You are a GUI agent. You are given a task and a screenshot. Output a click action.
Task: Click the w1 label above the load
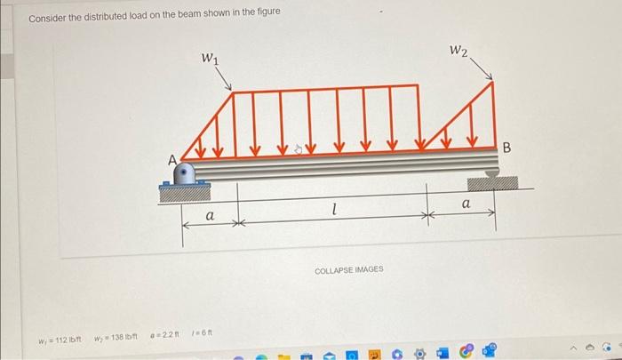pyautogui.click(x=211, y=59)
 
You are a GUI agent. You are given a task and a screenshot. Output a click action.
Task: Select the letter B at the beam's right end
pyautogui.click(x=508, y=148)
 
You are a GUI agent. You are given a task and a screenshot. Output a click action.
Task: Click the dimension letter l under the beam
pyautogui.click(x=331, y=211)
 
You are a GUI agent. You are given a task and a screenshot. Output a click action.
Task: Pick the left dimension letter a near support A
pyautogui.click(x=210, y=216)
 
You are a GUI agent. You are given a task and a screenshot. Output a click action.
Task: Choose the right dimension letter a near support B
pyautogui.click(x=463, y=205)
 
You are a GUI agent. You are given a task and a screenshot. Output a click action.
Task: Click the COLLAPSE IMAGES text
pyautogui.click(x=348, y=268)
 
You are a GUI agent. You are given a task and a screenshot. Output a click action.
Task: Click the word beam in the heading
pyautogui.click(x=195, y=12)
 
